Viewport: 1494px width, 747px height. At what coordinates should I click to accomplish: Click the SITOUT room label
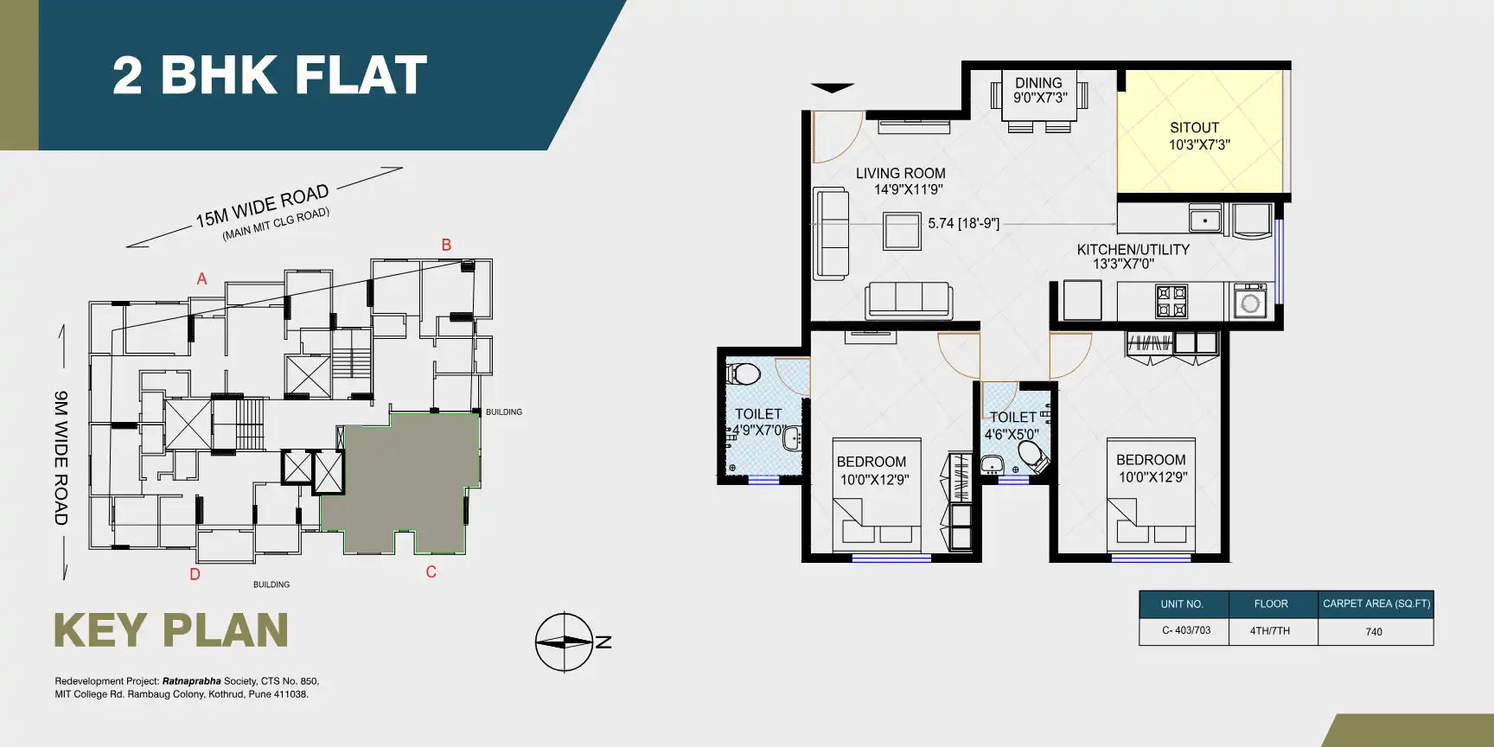coord(1194,128)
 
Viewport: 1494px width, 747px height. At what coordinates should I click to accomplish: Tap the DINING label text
coord(1038,83)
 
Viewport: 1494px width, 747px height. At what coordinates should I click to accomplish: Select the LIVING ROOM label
coord(900,174)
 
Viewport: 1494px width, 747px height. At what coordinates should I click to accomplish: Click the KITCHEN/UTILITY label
coord(1133,250)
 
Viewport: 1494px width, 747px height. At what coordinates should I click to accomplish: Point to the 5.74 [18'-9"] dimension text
coord(963,223)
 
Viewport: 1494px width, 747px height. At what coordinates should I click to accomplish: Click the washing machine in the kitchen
coord(1249,302)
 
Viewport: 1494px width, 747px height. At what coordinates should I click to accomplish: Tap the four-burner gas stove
coord(1172,302)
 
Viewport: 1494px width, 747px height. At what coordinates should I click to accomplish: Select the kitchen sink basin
coord(1204,219)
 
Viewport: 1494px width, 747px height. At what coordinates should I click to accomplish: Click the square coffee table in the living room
coord(902,231)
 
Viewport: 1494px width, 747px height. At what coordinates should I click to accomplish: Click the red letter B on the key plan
coord(446,245)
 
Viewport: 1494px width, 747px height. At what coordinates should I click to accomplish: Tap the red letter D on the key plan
coord(195,575)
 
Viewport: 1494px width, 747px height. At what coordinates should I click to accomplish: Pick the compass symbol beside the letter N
coord(564,642)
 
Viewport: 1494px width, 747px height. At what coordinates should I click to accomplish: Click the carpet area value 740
coord(1374,632)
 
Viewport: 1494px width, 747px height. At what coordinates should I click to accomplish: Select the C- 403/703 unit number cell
coord(1185,630)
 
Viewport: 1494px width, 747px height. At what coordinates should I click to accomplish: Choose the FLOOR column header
coord(1270,604)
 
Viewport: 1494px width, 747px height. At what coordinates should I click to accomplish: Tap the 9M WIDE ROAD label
coord(61,458)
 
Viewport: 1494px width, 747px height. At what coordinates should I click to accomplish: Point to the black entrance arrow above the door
coord(832,88)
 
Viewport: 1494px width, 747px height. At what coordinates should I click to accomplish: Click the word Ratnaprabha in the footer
coord(191,681)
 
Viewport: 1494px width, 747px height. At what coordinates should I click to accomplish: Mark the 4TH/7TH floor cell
coord(1269,631)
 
